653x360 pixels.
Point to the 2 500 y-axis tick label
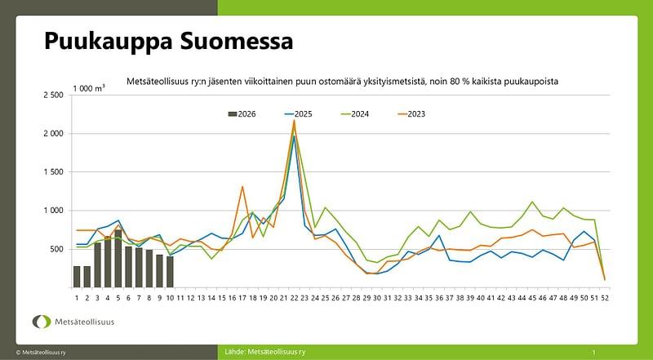52,96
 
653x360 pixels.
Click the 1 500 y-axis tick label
52,172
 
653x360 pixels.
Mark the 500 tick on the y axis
57,249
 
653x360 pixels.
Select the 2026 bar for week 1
77,277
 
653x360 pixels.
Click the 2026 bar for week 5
118,259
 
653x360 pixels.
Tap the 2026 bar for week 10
170,272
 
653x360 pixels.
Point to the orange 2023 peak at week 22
294,121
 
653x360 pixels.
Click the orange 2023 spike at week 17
242,187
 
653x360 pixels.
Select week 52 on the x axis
605,298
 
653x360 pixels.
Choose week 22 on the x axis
294,298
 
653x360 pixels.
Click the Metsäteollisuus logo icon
40,322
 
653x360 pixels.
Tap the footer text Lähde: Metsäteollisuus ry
266,352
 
